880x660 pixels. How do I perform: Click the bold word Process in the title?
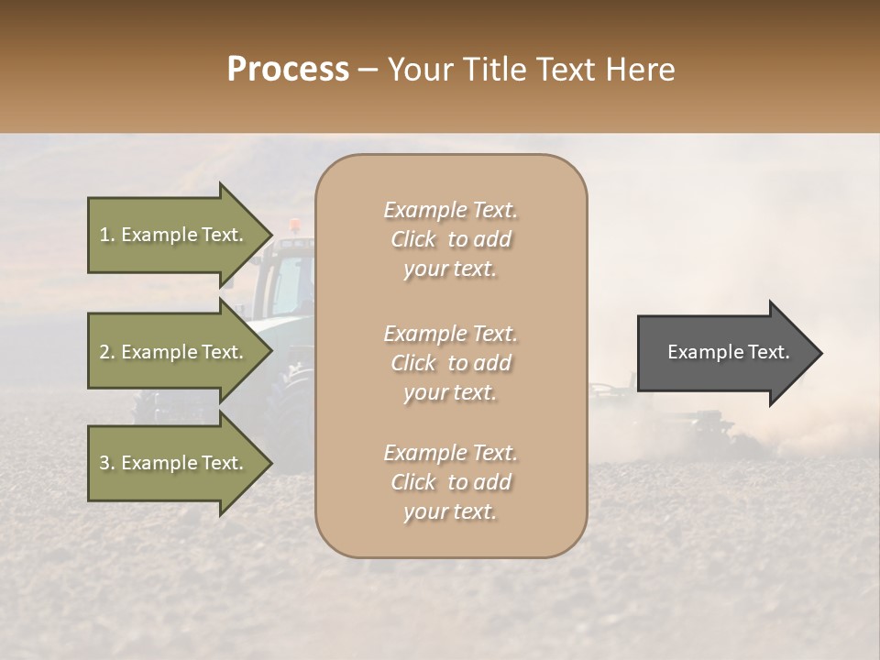pyautogui.click(x=288, y=69)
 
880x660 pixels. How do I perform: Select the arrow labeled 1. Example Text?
pyautogui.click(x=171, y=235)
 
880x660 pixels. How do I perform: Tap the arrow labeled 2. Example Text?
pyautogui.click(x=171, y=352)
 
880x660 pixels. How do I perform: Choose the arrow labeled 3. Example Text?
pyautogui.click(x=171, y=463)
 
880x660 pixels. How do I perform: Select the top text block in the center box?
pyautogui.click(x=450, y=239)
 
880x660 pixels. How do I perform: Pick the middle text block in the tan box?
pyautogui.click(x=450, y=363)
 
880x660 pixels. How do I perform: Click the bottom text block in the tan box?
pyautogui.click(x=450, y=482)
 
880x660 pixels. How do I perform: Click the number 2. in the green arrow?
pyautogui.click(x=107, y=352)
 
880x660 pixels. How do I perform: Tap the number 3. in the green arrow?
pyautogui.click(x=107, y=463)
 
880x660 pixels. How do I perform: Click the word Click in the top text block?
pyautogui.click(x=413, y=239)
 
